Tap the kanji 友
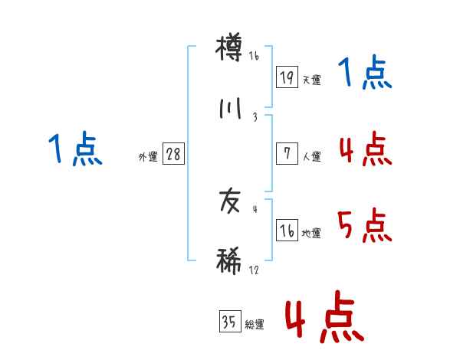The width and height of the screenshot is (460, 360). coord(229,202)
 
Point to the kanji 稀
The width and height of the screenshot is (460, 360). coord(229,260)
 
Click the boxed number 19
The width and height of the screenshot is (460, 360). coord(287,77)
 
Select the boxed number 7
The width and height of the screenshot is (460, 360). coord(287,154)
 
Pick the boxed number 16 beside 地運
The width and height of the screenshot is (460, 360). coord(287,231)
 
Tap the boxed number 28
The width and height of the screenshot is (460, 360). coord(173,154)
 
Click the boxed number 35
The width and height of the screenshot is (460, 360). coord(228,322)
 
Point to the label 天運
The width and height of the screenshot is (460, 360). coord(311,80)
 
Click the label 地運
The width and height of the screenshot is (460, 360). coord(311,234)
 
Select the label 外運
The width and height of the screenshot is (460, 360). coord(148,157)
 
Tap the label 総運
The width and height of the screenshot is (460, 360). coord(254,326)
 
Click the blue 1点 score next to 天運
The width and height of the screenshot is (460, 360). coord(365,74)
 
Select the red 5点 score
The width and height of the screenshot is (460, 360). coord(365,226)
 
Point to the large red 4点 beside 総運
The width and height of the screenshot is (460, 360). coord(324,316)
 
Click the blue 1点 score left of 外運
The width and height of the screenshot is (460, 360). coord(74,149)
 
